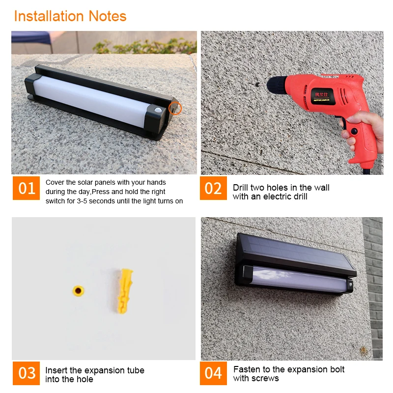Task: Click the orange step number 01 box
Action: tap(26, 188)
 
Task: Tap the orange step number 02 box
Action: tap(213, 188)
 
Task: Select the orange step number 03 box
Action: tap(26, 373)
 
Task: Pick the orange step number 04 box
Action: tap(213, 373)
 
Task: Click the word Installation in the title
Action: tap(49, 16)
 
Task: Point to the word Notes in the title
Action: tap(108, 16)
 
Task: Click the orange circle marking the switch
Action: tap(175, 108)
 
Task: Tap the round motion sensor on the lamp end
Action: tap(158, 110)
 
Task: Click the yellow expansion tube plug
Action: tap(125, 291)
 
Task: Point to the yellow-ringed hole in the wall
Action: tap(78, 291)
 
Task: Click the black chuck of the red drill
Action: tap(277, 85)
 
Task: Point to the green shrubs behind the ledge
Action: tap(145, 46)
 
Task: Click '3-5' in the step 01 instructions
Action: tap(82, 201)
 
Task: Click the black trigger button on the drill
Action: tap(354, 131)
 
